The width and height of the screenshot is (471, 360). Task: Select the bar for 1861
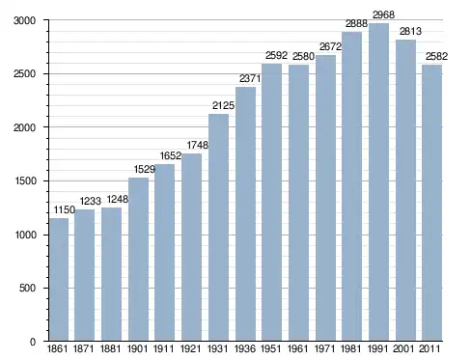(59, 280)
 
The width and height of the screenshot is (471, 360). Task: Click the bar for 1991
(378, 182)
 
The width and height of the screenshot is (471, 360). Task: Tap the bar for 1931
(218, 228)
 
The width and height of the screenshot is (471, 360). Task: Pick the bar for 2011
(432, 203)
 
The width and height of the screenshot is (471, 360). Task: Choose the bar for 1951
(272, 203)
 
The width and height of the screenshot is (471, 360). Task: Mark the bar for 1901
(138, 260)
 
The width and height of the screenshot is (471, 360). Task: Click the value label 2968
(383, 14)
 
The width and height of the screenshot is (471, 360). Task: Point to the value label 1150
(64, 209)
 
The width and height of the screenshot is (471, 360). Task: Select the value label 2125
(223, 105)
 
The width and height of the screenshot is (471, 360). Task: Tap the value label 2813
(410, 31)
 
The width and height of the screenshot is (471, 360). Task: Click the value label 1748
(198, 145)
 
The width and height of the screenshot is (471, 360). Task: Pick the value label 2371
(250, 78)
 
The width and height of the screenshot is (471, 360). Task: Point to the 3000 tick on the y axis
(24, 20)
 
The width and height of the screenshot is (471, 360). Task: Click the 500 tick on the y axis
(27, 288)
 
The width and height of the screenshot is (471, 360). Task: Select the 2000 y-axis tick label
(24, 127)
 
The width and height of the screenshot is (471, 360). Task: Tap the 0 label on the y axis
(33, 342)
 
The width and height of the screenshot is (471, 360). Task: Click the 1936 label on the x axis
(245, 348)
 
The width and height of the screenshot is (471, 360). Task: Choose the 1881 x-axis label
(111, 348)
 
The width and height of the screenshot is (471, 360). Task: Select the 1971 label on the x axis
(325, 348)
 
